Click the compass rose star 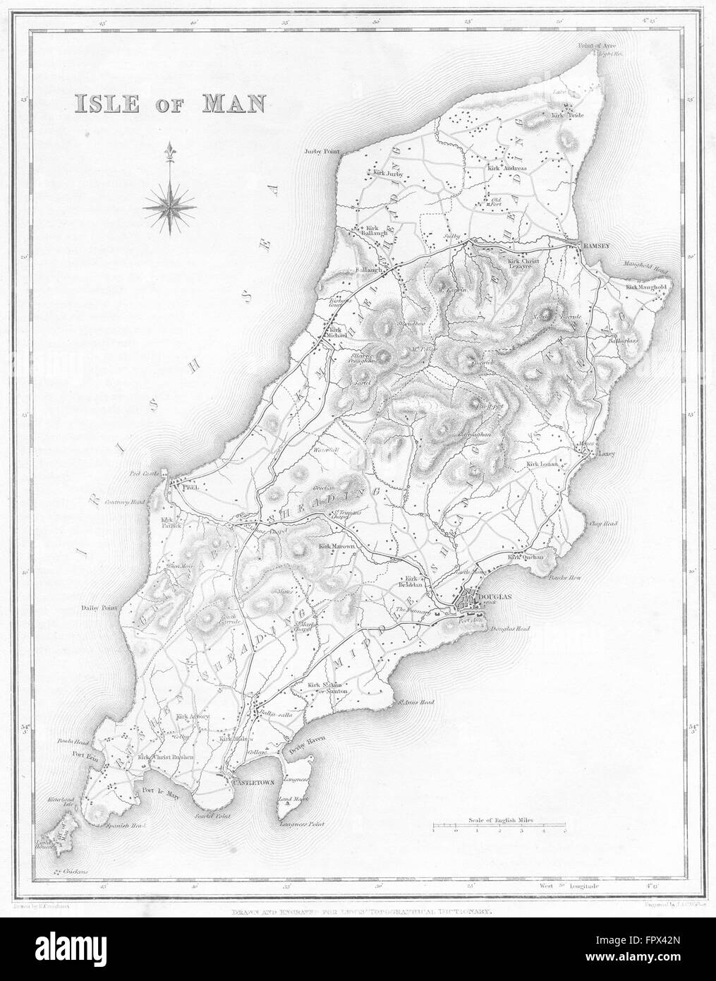tap(169, 207)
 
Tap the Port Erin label tap(71, 771)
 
